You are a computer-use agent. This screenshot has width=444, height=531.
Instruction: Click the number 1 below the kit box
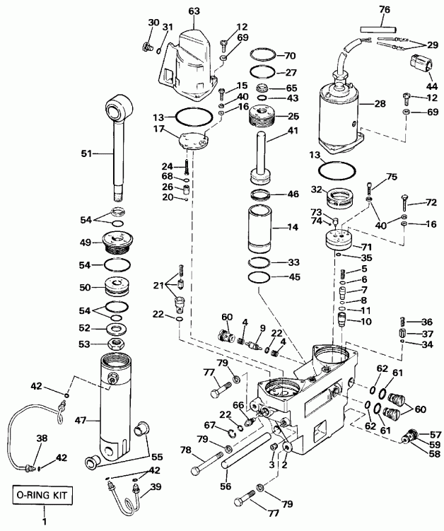[44, 522]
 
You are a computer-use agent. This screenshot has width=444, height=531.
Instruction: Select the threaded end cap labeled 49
[117, 242]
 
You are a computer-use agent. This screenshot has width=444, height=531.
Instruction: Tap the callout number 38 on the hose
[42, 439]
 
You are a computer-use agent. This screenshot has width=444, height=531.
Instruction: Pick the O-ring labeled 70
[265, 54]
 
